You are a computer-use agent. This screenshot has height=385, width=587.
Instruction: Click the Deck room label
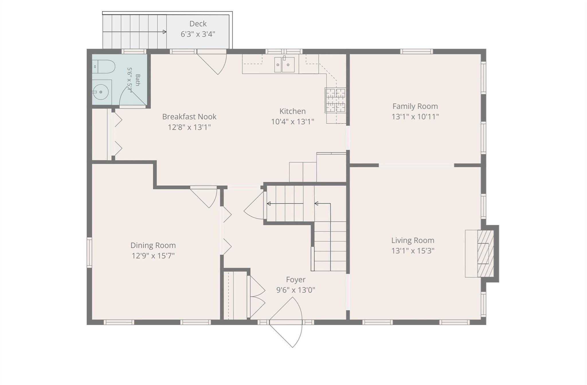[198, 24]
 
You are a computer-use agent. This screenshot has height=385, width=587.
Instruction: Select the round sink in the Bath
[101, 92]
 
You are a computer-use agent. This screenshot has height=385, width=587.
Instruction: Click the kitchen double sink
[284, 65]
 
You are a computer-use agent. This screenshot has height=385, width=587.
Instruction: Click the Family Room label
[415, 106]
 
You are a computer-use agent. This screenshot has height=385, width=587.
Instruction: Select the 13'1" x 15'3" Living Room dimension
[413, 251]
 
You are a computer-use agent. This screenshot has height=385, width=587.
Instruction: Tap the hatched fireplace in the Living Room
[486, 254]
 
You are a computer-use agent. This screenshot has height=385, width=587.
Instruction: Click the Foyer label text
[296, 279]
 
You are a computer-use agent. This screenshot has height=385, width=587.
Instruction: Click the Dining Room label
[153, 245]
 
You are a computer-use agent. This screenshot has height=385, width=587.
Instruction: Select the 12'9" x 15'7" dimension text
[153, 256]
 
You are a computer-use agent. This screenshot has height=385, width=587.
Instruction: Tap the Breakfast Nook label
[189, 117]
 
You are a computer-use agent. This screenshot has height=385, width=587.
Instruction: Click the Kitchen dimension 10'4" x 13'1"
[292, 122]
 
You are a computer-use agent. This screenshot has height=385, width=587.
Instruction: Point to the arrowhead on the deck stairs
[165, 32]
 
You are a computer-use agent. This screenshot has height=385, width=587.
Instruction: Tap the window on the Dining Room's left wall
[89, 252]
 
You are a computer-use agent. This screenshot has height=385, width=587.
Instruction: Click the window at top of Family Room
[416, 52]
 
